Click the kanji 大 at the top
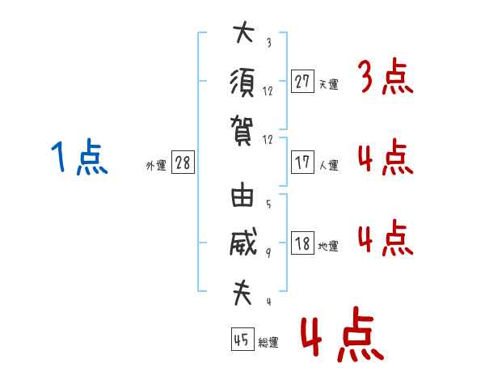[244, 32]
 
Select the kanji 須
[242, 83]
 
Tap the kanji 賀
[242, 131]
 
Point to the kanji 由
[242, 195]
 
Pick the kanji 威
[243, 242]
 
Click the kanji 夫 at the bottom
[242, 293]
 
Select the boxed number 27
[302, 82]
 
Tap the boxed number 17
[302, 163]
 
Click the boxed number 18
[302, 243]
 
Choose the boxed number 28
[183, 163]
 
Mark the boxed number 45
[242, 339]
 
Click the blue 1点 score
[79, 157]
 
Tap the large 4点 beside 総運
[343, 334]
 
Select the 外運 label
[156, 166]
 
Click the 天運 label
[329, 84]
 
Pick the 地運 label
[328, 246]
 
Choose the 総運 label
[268, 342]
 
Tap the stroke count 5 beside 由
[268, 204]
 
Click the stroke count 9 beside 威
[268, 253]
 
